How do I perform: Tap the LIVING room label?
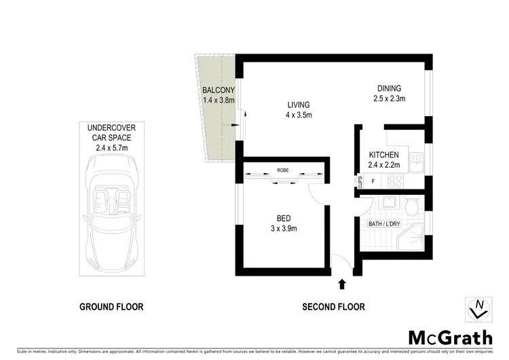[298, 105]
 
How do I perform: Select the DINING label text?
[390, 88]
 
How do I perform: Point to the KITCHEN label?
[383, 155]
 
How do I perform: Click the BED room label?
[283, 218]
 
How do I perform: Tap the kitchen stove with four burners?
[394, 181]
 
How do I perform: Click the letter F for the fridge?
[373, 181]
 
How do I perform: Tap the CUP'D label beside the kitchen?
[361, 181]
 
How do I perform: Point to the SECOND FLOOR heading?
[333, 307]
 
